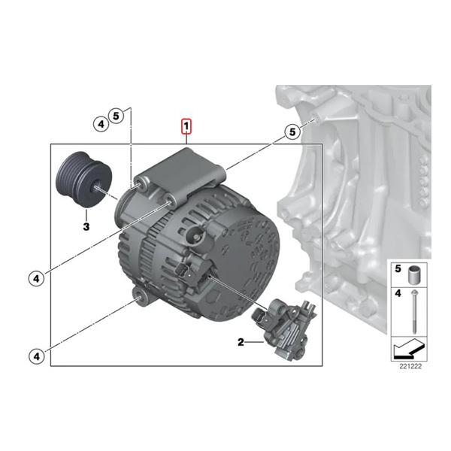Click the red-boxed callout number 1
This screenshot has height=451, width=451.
pos(186,126)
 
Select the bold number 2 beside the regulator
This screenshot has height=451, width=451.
pos(241,342)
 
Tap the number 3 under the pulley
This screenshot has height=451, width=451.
pos(86,227)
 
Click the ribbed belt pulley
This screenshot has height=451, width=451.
pos(83,180)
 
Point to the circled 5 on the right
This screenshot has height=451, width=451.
pos(292,132)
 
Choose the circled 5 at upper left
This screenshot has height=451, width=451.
pos(116,116)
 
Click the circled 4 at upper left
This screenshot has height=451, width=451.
pos(101,124)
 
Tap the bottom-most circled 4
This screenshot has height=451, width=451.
pos(37,356)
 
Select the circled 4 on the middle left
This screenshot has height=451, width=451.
pos(36,279)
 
